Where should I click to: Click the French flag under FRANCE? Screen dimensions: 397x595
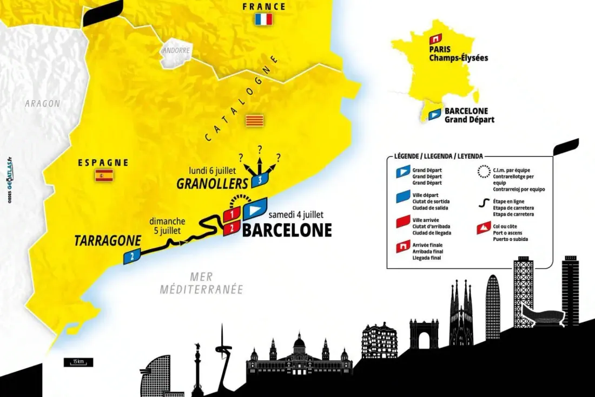[263, 20]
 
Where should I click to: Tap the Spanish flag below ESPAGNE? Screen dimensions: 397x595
[104, 175]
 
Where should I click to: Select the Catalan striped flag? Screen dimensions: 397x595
[254, 120]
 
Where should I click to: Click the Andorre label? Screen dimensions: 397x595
[175, 51]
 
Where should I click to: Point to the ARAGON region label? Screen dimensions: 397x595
[42, 103]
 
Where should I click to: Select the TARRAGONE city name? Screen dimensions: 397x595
[108, 240]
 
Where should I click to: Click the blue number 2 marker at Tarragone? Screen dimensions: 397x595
[131, 256]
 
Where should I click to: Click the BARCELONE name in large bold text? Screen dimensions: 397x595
[287, 230]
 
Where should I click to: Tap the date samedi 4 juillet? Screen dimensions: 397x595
[296, 214]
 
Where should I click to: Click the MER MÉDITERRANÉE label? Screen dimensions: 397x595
[202, 283]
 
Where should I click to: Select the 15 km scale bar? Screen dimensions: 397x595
[78, 362]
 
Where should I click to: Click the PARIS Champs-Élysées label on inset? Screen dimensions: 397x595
[458, 53]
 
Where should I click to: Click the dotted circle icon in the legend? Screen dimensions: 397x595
[483, 172]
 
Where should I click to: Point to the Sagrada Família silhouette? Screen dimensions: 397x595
[461, 314]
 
